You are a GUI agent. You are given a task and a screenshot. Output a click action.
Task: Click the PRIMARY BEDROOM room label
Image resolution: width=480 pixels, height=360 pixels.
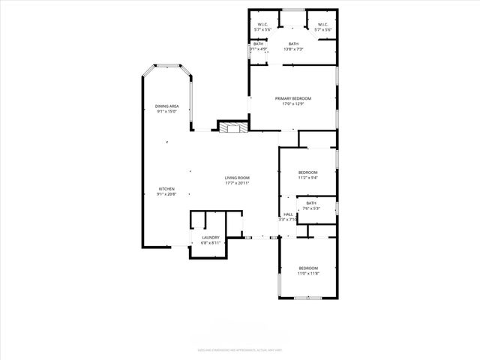[292, 98]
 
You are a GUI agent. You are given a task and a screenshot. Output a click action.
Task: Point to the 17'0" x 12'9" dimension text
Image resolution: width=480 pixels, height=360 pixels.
[292, 104]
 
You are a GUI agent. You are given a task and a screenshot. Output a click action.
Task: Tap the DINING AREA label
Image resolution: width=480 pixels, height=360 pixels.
[166, 106]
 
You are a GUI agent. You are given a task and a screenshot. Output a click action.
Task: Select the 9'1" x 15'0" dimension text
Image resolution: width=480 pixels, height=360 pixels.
[166, 112]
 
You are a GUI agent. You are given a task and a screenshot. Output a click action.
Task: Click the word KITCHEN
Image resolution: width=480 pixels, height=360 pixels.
[166, 188]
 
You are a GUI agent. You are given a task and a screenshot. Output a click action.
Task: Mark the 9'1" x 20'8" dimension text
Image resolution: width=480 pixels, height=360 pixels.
[166, 194]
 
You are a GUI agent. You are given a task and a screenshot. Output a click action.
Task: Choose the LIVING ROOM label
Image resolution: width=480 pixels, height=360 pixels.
[237, 177]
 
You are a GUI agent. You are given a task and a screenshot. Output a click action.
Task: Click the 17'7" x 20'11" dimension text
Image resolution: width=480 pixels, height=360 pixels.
[237, 183]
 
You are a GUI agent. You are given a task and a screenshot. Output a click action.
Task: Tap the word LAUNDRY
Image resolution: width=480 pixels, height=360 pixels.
[210, 237]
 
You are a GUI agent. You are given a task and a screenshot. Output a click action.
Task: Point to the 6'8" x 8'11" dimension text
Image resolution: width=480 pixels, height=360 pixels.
[210, 243]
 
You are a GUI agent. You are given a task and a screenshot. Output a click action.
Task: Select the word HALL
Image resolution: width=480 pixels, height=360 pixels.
[288, 214]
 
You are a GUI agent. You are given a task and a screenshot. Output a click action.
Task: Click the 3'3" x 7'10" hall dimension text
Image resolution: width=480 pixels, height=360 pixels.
[288, 220]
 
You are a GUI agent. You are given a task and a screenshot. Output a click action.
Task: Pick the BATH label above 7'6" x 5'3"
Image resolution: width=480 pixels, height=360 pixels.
[310, 202]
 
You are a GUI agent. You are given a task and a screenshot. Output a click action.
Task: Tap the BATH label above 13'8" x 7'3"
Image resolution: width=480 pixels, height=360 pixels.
[292, 43]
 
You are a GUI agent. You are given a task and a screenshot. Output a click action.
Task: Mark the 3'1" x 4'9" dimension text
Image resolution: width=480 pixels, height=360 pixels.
[258, 49]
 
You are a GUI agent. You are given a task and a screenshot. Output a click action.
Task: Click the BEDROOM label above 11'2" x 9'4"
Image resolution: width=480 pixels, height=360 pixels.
[307, 172]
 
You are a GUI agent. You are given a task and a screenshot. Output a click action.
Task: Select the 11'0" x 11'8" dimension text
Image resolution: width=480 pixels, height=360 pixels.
[308, 274]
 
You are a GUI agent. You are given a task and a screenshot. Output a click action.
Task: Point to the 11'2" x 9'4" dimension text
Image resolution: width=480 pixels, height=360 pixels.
[307, 178]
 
